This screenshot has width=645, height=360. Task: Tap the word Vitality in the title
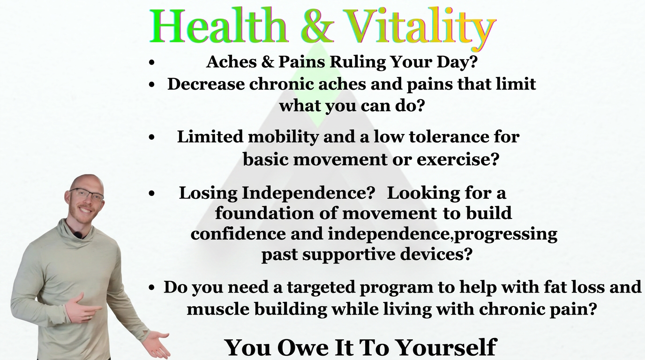point(420,29)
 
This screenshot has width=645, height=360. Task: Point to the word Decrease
point(206,84)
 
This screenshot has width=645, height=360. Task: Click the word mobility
point(283,137)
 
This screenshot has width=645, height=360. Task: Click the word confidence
point(238,234)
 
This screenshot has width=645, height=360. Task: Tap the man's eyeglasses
point(86,194)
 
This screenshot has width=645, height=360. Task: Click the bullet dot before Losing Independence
point(152,194)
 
